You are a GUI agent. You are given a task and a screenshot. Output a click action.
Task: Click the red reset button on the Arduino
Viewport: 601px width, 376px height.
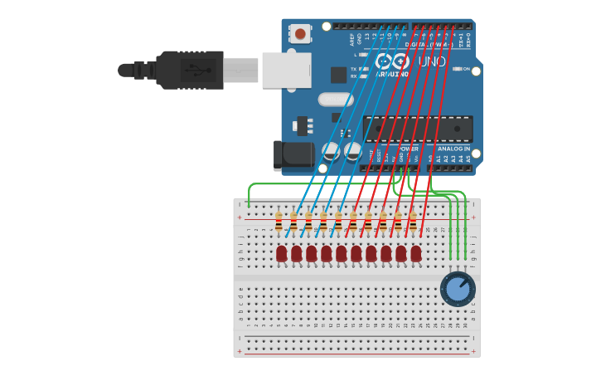pos(299,33)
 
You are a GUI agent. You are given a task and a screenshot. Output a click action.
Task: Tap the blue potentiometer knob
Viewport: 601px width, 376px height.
pos(458,289)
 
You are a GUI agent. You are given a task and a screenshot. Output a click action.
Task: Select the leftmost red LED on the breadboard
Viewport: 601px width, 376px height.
pos(282,253)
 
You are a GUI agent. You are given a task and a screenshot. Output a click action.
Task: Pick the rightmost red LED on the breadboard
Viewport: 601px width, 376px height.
pos(416,253)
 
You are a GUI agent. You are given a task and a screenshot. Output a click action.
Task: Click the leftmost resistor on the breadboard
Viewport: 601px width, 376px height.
pos(279,222)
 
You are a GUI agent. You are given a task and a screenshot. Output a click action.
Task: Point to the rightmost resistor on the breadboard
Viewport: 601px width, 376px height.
pos(413,222)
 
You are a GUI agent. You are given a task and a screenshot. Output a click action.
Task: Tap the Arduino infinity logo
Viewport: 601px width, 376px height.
pos(392,61)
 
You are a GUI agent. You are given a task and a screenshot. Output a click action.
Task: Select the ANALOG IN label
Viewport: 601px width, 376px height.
pos(453,149)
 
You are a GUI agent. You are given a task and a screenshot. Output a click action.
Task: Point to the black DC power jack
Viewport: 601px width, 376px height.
pos(293,154)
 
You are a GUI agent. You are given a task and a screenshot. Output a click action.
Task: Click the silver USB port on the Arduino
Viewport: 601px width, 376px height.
pos(286,71)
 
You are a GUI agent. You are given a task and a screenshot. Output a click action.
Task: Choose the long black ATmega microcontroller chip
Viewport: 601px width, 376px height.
pos(418,129)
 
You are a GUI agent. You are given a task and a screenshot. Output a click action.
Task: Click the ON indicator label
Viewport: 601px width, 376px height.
pos(466,69)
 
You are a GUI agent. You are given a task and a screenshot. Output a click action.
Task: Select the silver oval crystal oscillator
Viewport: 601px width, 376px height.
pos(335,100)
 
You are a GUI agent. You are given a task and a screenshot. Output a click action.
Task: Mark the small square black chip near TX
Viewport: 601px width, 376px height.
pos(338,75)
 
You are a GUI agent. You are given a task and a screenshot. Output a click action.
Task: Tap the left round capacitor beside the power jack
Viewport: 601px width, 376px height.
pos(331,151)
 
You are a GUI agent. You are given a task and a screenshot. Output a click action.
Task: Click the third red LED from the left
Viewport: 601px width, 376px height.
pos(312,253)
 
